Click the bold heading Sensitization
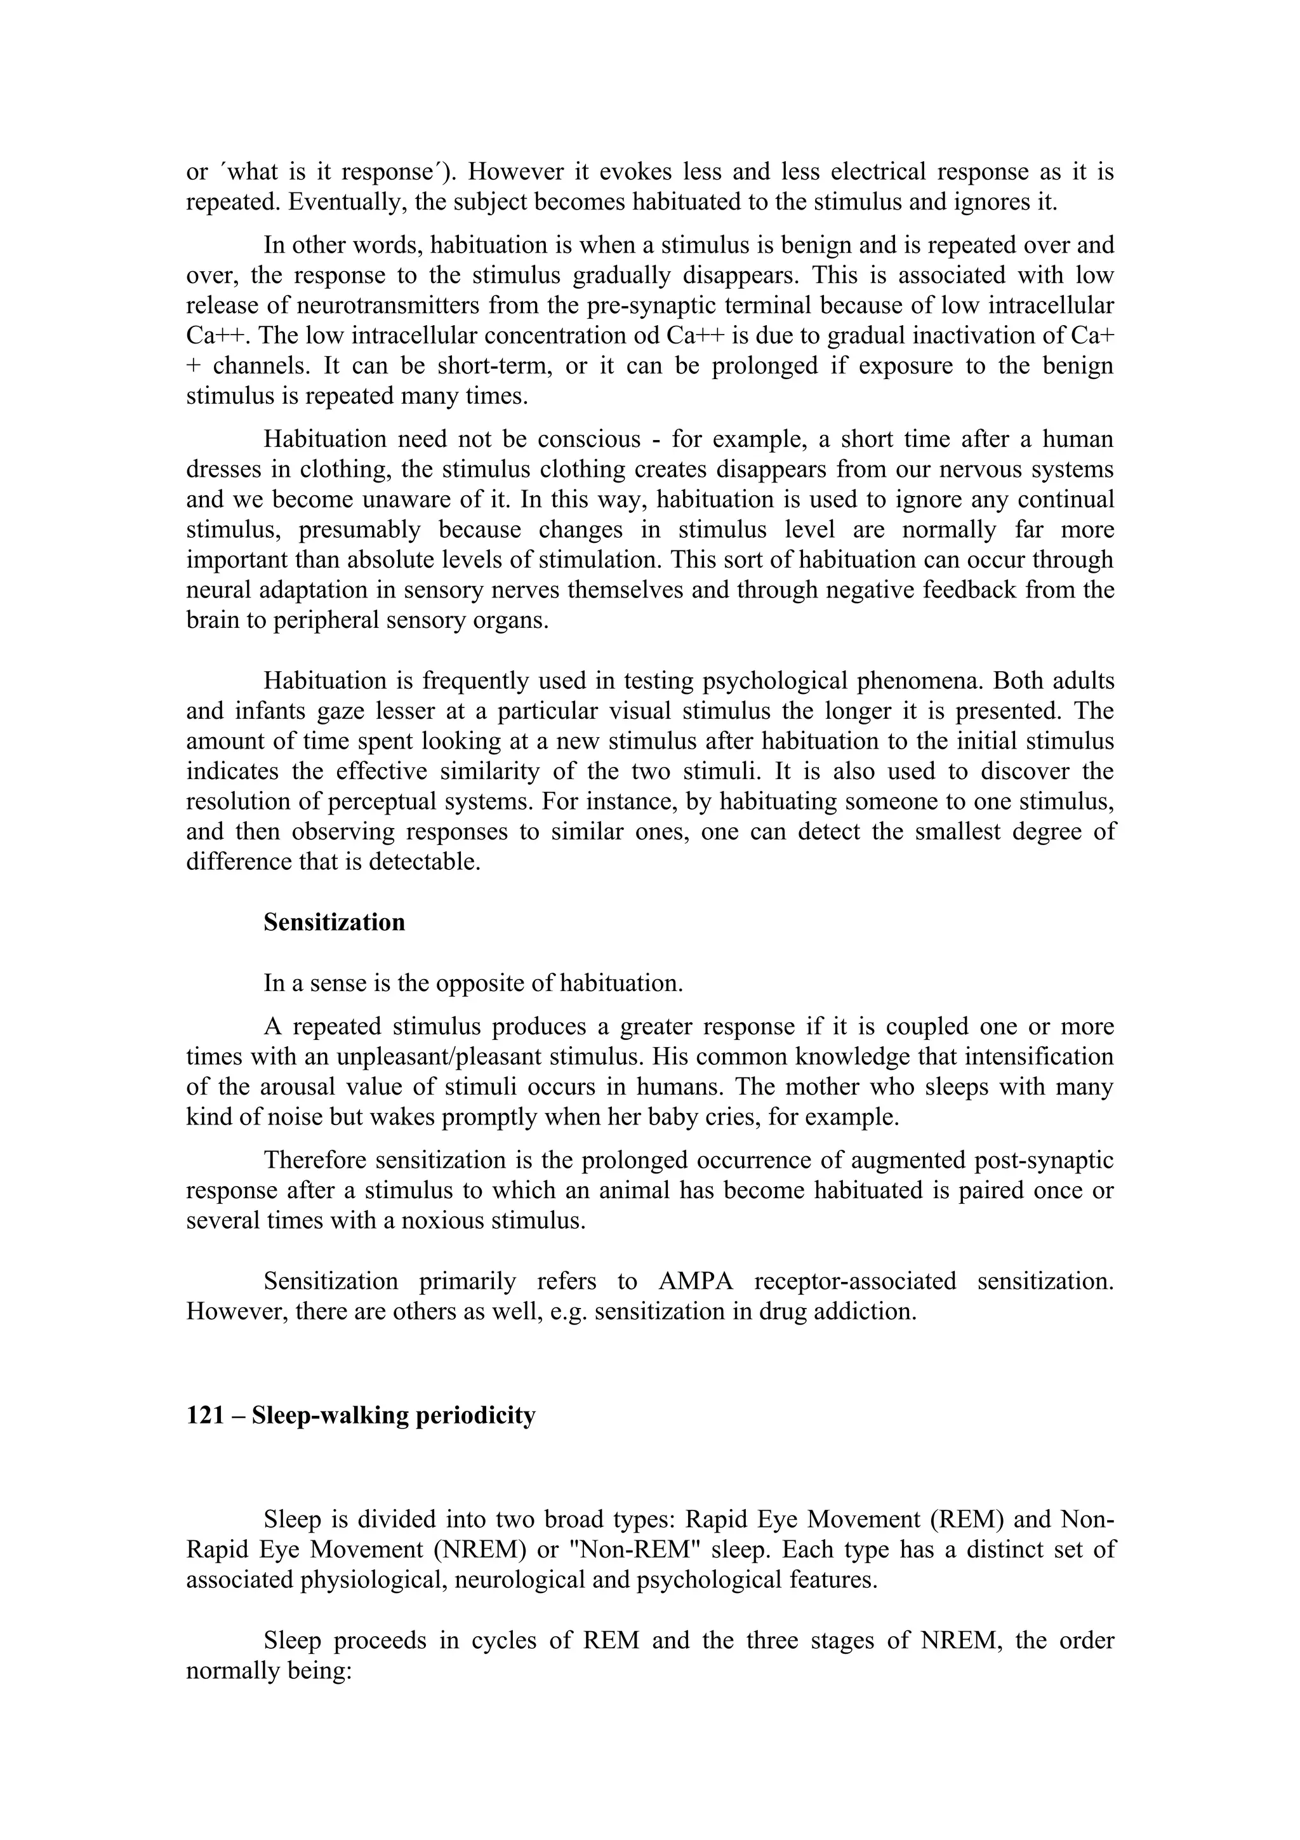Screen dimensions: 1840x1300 coord(334,923)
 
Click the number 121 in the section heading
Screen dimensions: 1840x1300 coord(204,1415)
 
